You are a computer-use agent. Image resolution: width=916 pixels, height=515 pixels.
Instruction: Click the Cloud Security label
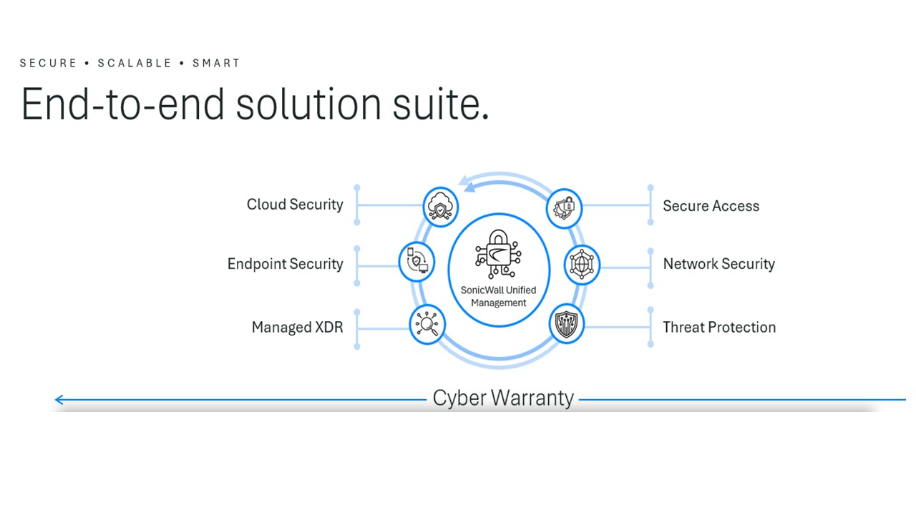coord(295,205)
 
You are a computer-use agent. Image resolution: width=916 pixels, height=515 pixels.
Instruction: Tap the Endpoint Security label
coord(285,264)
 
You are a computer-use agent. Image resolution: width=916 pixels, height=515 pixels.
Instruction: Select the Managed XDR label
coord(297,328)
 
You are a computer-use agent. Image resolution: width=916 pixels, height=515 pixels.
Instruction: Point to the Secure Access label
coord(711,206)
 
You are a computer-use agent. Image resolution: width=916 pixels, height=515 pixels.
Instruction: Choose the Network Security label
coord(718,264)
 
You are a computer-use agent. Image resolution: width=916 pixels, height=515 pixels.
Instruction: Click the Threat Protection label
coord(719,328)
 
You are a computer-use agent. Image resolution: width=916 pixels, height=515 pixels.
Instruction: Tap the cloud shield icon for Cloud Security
coord(440,206)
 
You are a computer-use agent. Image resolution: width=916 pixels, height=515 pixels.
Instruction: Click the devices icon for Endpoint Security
coord(416,261)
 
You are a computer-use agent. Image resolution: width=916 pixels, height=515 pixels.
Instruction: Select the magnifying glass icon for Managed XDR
coord(427,324)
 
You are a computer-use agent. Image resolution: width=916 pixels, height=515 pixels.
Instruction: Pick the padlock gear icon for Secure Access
coord(565,208)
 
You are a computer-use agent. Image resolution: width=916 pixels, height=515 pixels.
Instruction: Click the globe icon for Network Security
coord(581,265)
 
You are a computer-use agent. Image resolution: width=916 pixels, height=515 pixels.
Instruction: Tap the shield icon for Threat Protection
coord(567,324)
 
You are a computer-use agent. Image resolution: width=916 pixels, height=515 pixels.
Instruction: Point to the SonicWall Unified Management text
coord(498,297)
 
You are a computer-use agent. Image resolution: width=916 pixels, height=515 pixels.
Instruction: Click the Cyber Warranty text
coord(503,398)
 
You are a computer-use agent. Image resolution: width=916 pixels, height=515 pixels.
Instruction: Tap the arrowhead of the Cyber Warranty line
coord(59,400)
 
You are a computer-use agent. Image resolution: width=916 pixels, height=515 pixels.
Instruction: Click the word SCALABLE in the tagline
coord(135,63)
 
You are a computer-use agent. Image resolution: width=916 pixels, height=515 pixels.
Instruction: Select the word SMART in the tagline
coord(216,63)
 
